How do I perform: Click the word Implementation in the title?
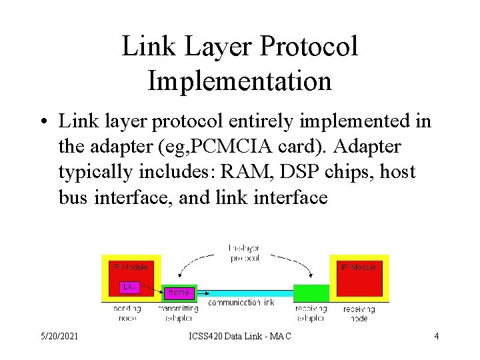tap(239, 81)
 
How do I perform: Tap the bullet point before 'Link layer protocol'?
tap(42, 123)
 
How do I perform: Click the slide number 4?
tap(437, 336)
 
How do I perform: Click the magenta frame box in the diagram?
tap(179, 293)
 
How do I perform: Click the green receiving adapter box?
tap(311, 293)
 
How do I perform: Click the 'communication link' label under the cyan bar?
tap(241, 303)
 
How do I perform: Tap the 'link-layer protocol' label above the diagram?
tap(244, 253)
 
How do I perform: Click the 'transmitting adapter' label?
tap(179, 313)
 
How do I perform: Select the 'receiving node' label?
tap(359, 313)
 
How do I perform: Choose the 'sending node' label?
tap(127, 313)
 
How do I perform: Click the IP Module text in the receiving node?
tap(359, 267)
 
